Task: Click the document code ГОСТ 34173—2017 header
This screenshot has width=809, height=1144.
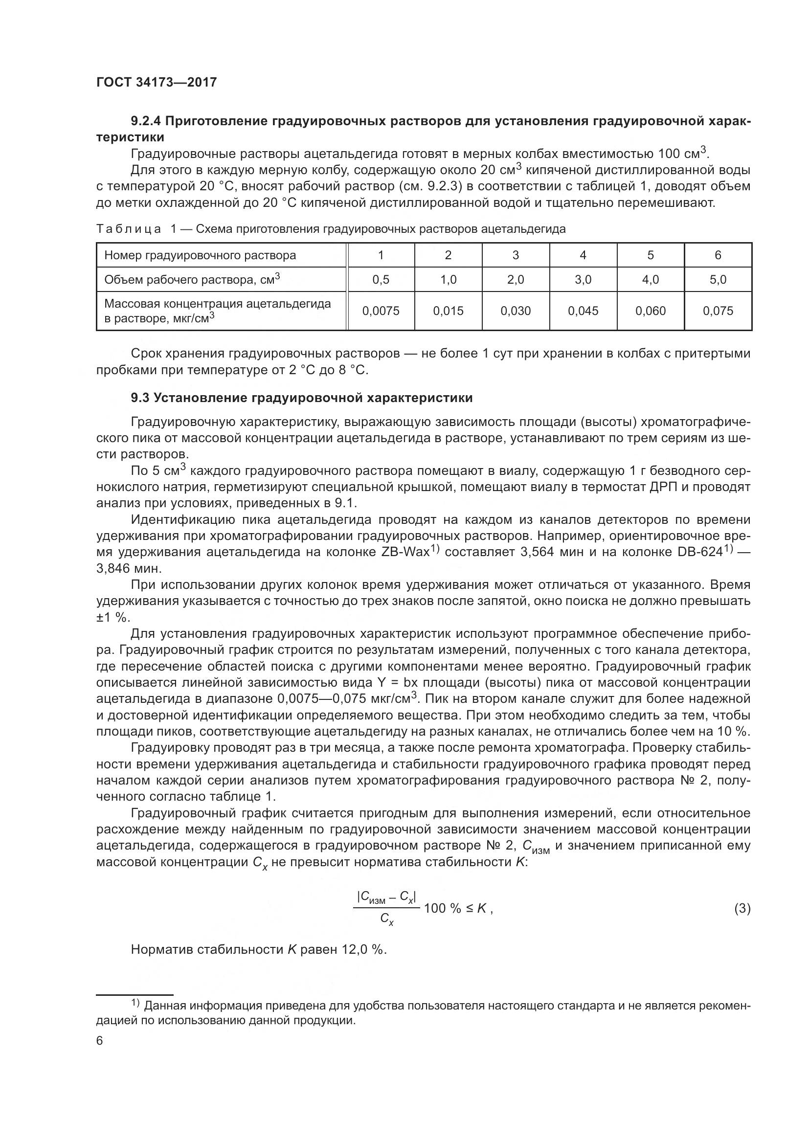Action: [x=157, y=82]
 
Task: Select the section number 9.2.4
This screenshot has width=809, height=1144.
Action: [x=147, y=121]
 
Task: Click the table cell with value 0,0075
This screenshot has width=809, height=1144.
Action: [x=381, y=311]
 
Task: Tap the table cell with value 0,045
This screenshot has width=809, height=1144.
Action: [x=583, y=311]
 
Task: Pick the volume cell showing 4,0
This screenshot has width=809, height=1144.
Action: [x=650, y=280]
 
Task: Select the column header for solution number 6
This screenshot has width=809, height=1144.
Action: [x=718, y=255]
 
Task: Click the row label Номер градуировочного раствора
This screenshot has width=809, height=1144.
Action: [x=200, y=255]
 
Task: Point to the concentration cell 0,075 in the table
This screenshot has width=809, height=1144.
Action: [x=718, y=311]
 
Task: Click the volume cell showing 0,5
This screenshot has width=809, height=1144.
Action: [x=381, y=280]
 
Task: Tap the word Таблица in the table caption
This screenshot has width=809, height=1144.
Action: [x=129, y=229]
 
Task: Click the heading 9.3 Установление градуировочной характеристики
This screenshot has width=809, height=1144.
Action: [x=301, y=398]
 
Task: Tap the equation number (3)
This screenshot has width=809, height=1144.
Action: [x=742, y=909]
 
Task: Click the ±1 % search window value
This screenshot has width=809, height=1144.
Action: [x=112, y=617]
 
